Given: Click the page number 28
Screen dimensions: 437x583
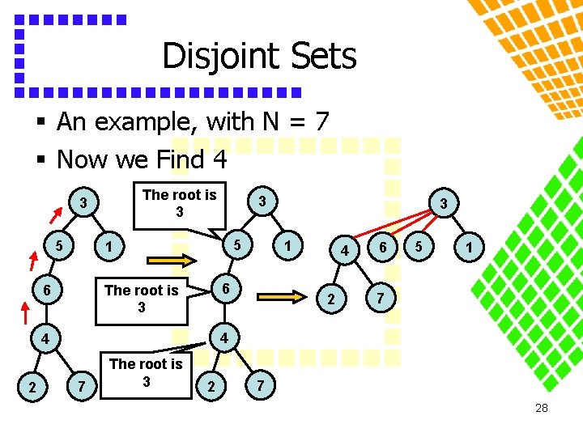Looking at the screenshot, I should [x=542, y=408].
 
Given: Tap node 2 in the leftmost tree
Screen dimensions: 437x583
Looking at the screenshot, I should [x=32, y=388].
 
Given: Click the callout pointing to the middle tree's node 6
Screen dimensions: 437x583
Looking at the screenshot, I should [x=142, y=299].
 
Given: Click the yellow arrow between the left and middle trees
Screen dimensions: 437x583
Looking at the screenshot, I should [x=171, y=260].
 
